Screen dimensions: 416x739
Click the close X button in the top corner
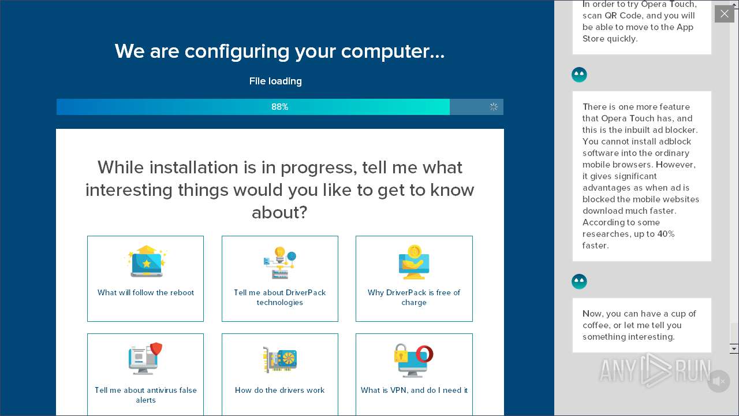724,14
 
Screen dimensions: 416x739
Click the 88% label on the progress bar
279,107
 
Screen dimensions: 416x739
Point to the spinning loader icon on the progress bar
494,107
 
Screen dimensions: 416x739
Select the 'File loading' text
275,81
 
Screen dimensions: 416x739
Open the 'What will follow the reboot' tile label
145,293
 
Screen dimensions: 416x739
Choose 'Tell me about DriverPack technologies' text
280,298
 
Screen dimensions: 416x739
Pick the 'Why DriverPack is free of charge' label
414,298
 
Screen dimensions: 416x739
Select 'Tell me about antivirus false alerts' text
145,395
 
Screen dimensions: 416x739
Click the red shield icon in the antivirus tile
156,349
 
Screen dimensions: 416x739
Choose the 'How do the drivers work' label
280,391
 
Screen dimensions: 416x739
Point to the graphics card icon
280,360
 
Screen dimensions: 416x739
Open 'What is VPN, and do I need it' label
414,391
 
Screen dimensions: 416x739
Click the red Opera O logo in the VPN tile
424,353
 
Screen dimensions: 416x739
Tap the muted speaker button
718,381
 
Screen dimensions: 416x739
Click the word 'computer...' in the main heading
393,51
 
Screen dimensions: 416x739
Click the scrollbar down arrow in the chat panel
734,349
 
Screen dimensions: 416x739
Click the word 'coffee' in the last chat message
596,325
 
